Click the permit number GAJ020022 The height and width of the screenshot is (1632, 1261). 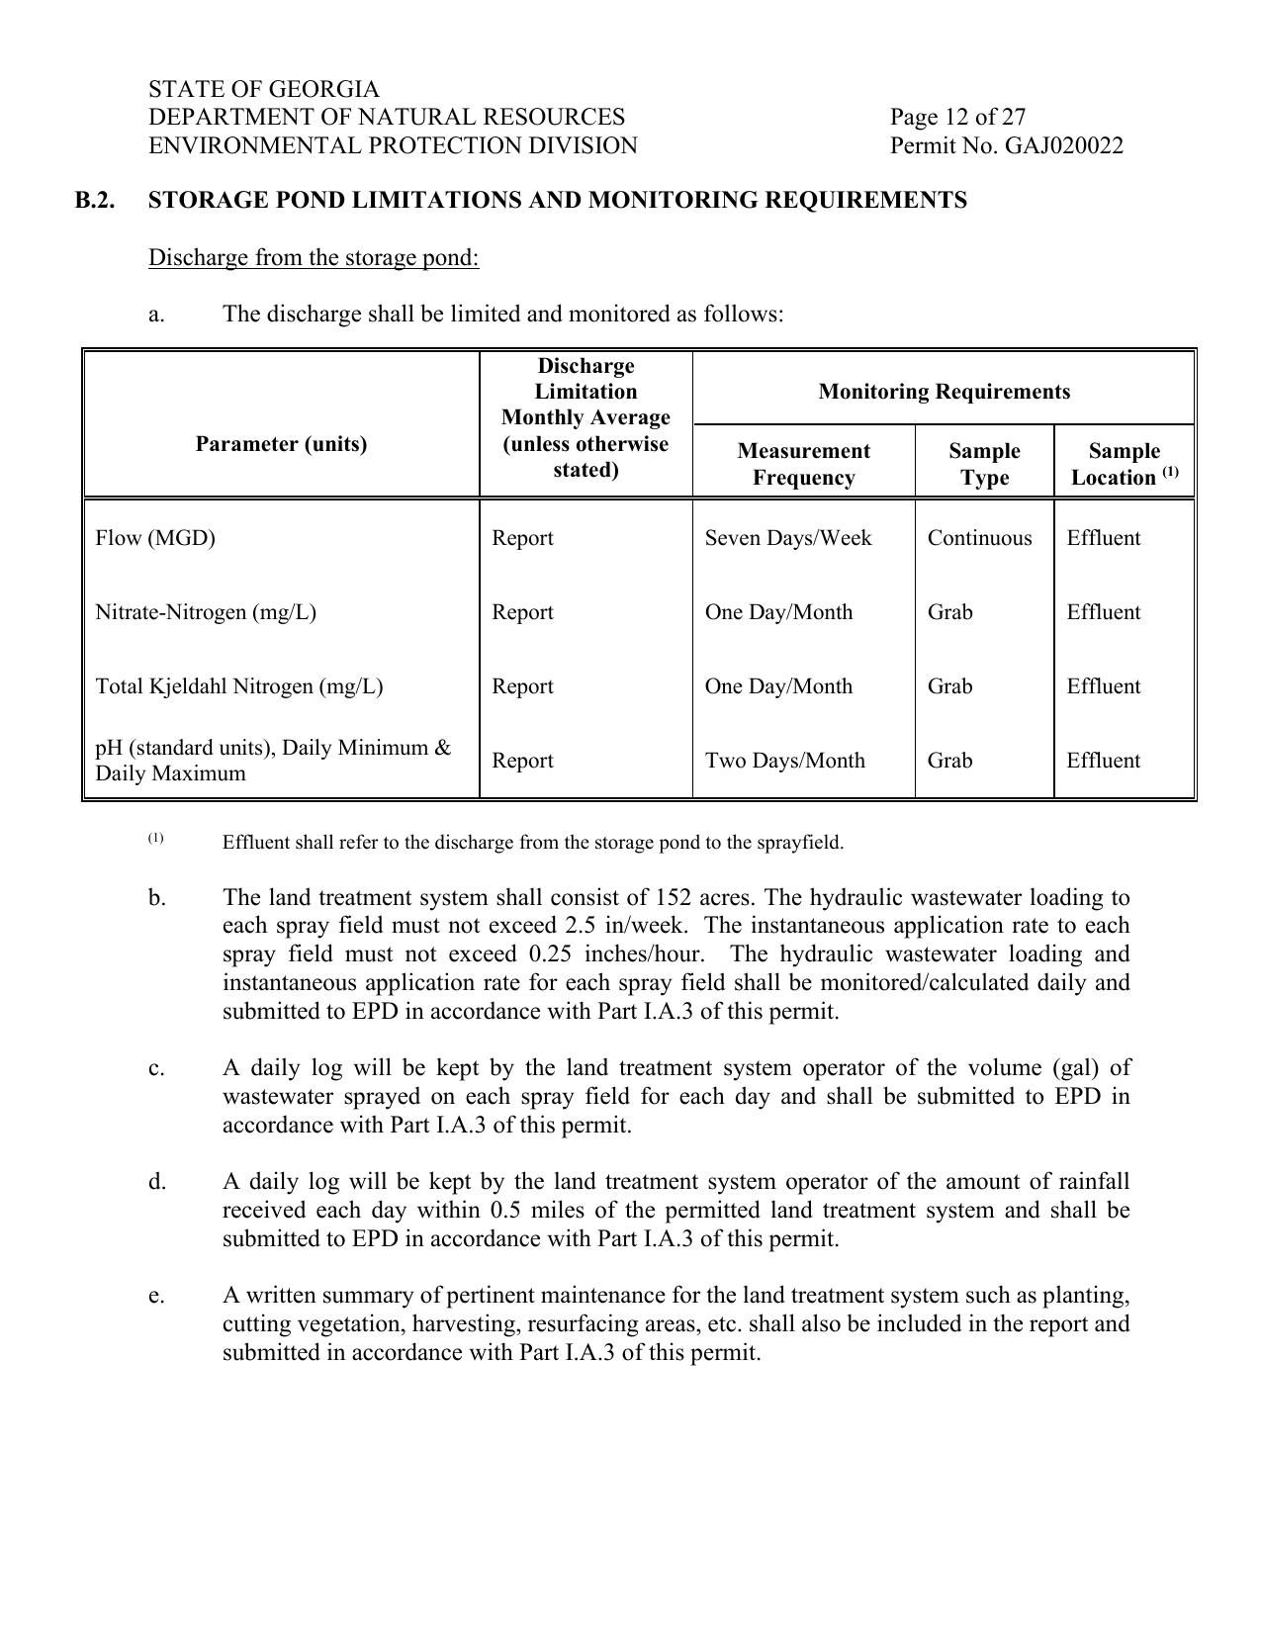pyautogui.click(x=1063, y=146)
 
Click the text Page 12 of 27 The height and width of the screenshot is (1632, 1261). pyautogui.click(x=956, y=118)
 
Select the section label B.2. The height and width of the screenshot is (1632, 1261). pyautogui.click(x=95, y=201)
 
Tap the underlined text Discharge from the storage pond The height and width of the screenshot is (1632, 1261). pyautogui.click(x=314, y=258)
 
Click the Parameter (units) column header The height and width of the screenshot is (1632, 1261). pyautogui.click(x=281, y=444)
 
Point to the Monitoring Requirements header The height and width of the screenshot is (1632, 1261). pyautogui.click(x=944, y=392)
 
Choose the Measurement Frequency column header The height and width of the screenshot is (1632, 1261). pyautogui.click(x=803, y=464)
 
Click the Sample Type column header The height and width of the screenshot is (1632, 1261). pyautogui.click(x=984, y=464)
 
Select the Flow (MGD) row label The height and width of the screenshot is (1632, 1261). pyautogui.click(x=155, y=538)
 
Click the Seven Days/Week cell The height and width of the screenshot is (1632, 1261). pyautogui.click(x=787, y=538)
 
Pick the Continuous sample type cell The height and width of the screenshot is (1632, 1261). pyautogui.click(x=979, y=538)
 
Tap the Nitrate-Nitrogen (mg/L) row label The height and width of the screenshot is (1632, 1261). pyautogui.click(x=206, y=612)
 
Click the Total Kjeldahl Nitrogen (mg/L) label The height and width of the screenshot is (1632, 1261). pyautogui.click(x=238, y=686)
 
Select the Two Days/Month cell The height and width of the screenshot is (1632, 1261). pyautogui.click(x=784, y=761)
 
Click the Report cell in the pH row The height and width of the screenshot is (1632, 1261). pyautogui.click(x=522, y=761)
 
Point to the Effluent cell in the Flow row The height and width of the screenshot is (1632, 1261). pyautogui.click(x=1103, y=538)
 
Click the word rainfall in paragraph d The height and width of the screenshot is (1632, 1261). pyautogui.click(x=1093, y=1182)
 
